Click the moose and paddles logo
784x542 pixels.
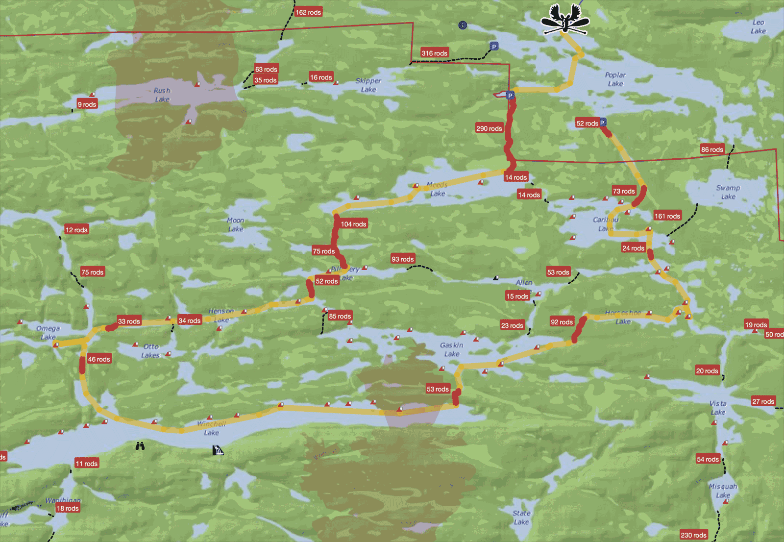(x=564, y=20)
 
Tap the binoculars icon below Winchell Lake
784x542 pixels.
(x=140, y=446)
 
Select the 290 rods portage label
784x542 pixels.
(x=489, y=128)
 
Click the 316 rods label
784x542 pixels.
(x=434, y=53)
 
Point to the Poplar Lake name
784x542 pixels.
(x=615, y=79)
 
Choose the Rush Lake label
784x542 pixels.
(x=162, y=95)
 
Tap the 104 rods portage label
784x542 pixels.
(x=353, y=224)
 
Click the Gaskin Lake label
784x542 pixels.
(x=452, y=349)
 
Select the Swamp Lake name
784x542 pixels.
(x=728, y=192)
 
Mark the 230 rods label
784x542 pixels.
(x=693, y=535)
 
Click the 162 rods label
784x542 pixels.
(x=308, y=12)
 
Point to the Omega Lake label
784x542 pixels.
(x=48, y=333)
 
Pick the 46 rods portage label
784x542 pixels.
(x=99, y=359)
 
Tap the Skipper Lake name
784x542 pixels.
(x=368, y=85)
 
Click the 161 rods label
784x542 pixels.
(x=667, y=216)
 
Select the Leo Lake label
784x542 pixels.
(x=759, y=26)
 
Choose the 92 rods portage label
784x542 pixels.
(x=562, y=322)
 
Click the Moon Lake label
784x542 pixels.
(x=236, y=224)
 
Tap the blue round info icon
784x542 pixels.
(x=463, y=25)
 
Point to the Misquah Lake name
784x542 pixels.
(x=723, y=491)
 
